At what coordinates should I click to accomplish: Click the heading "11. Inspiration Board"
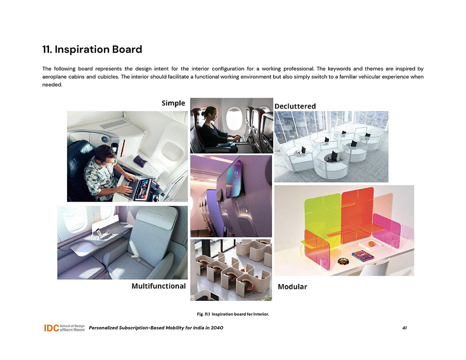click(92, 49)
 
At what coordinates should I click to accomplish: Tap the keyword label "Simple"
click(173, 103)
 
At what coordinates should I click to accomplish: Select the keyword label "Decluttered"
click(295, 106)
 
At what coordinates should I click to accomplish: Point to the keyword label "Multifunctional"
click(158, 286)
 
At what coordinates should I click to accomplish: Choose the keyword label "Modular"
click(293, 286)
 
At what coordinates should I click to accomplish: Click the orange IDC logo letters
click(51, 328)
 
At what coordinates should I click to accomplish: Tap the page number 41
click(404, 328)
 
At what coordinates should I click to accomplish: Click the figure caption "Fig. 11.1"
click(203, 314)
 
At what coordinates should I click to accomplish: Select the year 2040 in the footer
click(217, 328)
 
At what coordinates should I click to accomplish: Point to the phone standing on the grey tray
click(99, 233)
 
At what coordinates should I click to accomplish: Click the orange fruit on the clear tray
click(371, 244)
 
